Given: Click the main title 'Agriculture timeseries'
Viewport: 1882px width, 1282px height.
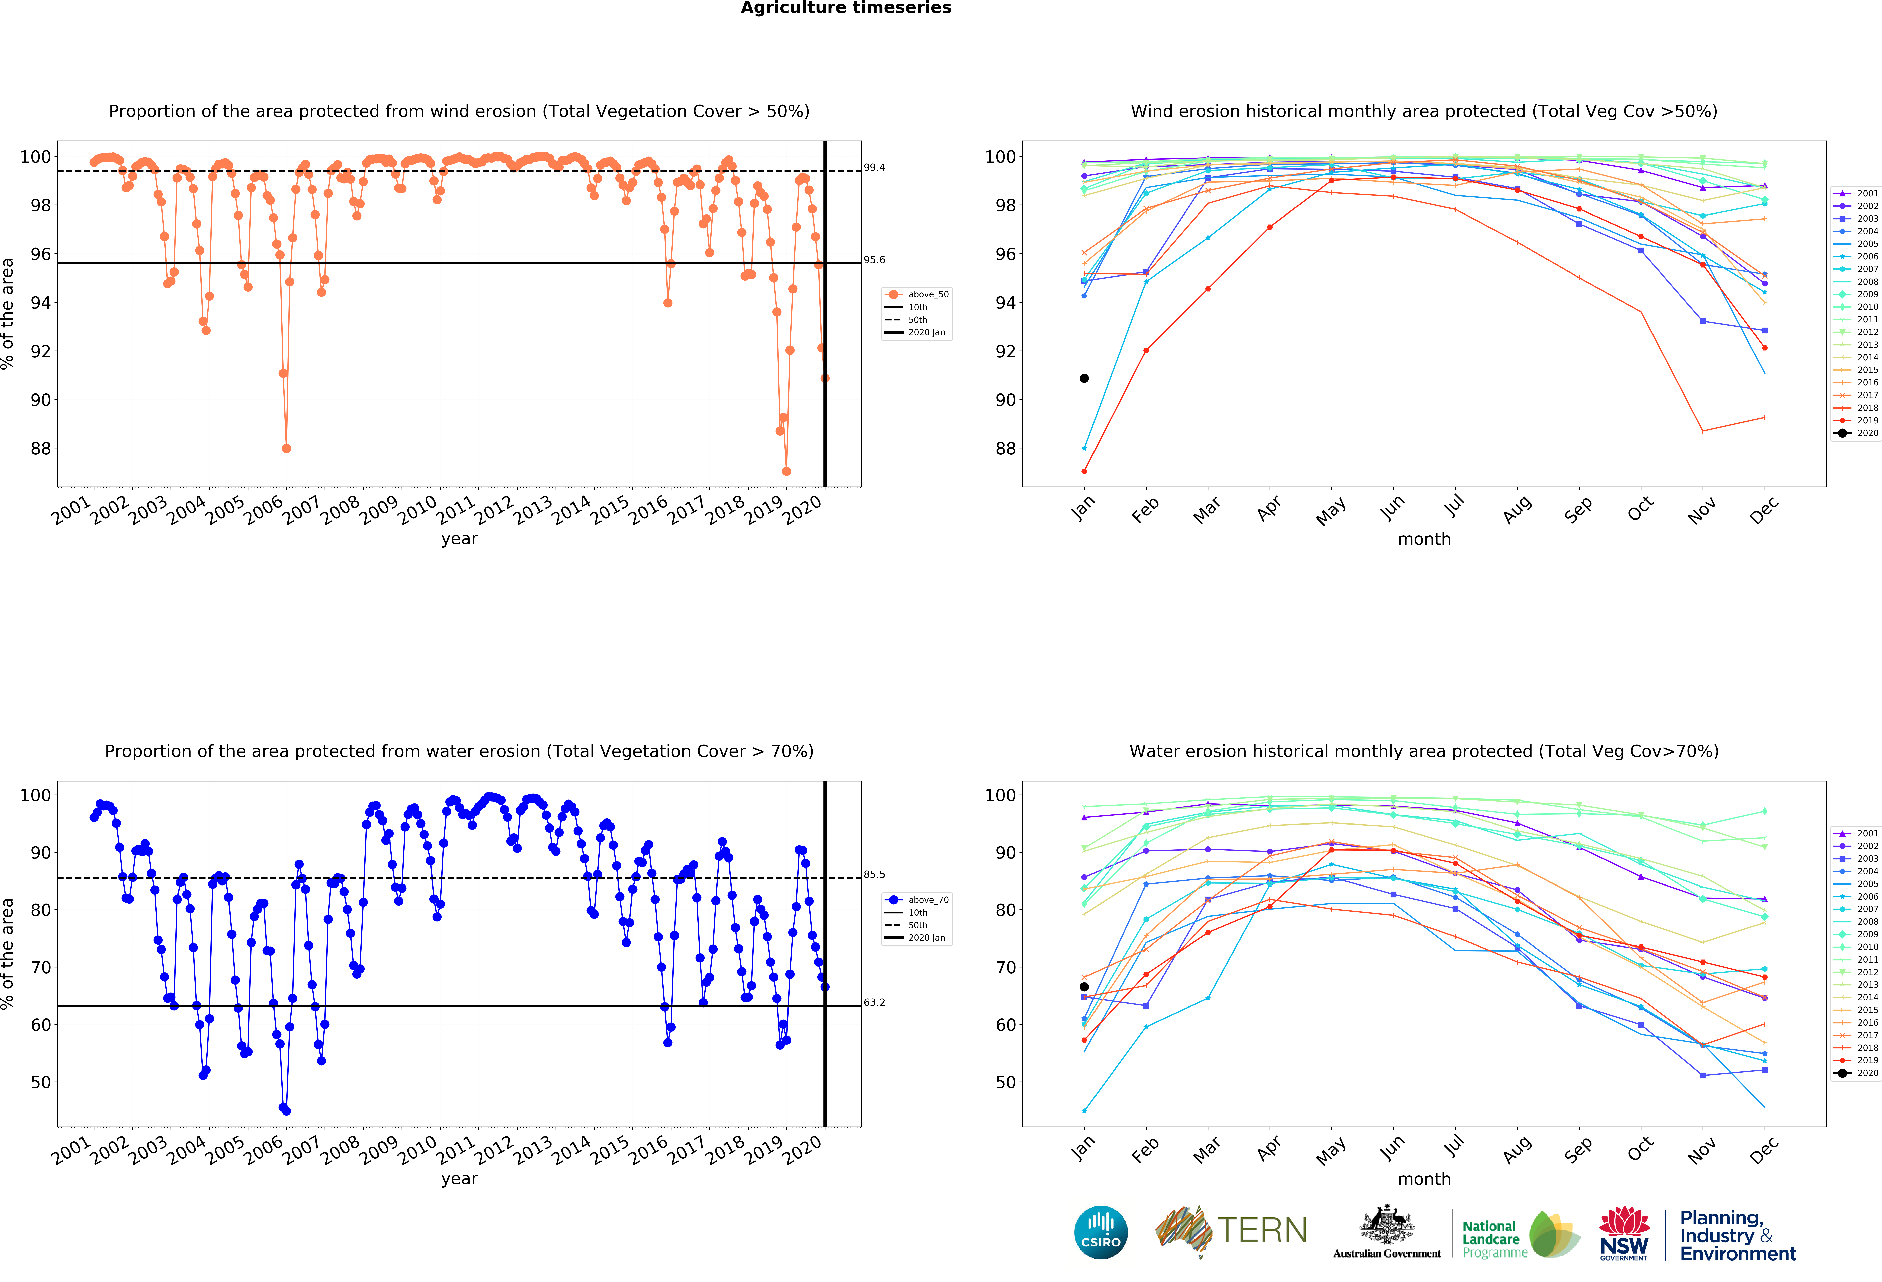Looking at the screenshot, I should pyautogui.click(x=846, y=8).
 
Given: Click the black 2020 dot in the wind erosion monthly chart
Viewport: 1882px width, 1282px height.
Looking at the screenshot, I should pyautogui.click(x=1083, y=378).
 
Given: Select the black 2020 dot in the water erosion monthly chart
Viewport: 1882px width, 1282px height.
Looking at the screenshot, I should pyautogui.click(x=1083, y=987).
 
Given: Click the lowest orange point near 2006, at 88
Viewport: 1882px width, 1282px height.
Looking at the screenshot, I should pyautogui.click(x=286, y=448).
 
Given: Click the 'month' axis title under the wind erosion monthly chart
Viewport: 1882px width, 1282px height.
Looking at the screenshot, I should pyautogui.click(x=1424, y=539).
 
